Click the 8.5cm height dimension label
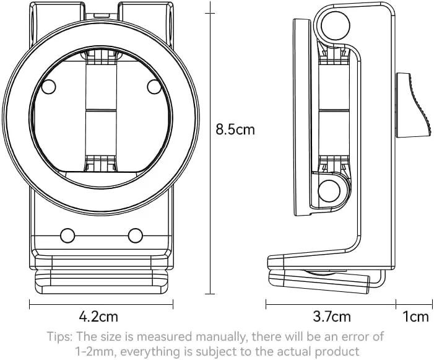pyautogui.click(x=235, y=130)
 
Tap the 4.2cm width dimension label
pyautogui.click(x=98, y=316)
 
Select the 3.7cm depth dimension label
pyautogui.click(x=332, y=316)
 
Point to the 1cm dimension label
pyautogui.click(x=415, y=316)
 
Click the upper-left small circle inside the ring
pyautogui.click(x=48, y=87)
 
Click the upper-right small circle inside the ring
pyautogui.click(x=154, y=87)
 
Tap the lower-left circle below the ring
pyautogui.click(x=67, y=235)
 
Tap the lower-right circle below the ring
pyautogui.click(x=136, y=235)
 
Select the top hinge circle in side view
pyautogui.click(x=336, y=25)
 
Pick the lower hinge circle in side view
pyautogui.click(x=329, y=191)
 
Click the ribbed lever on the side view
pyautogui.click(x=414, y=105)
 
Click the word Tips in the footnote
pyautogui.click(x=60, y=336)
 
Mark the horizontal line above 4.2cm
pyautogui.click(x=102, y=304)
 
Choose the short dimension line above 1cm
pyautogui.click(x=414, y=304)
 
